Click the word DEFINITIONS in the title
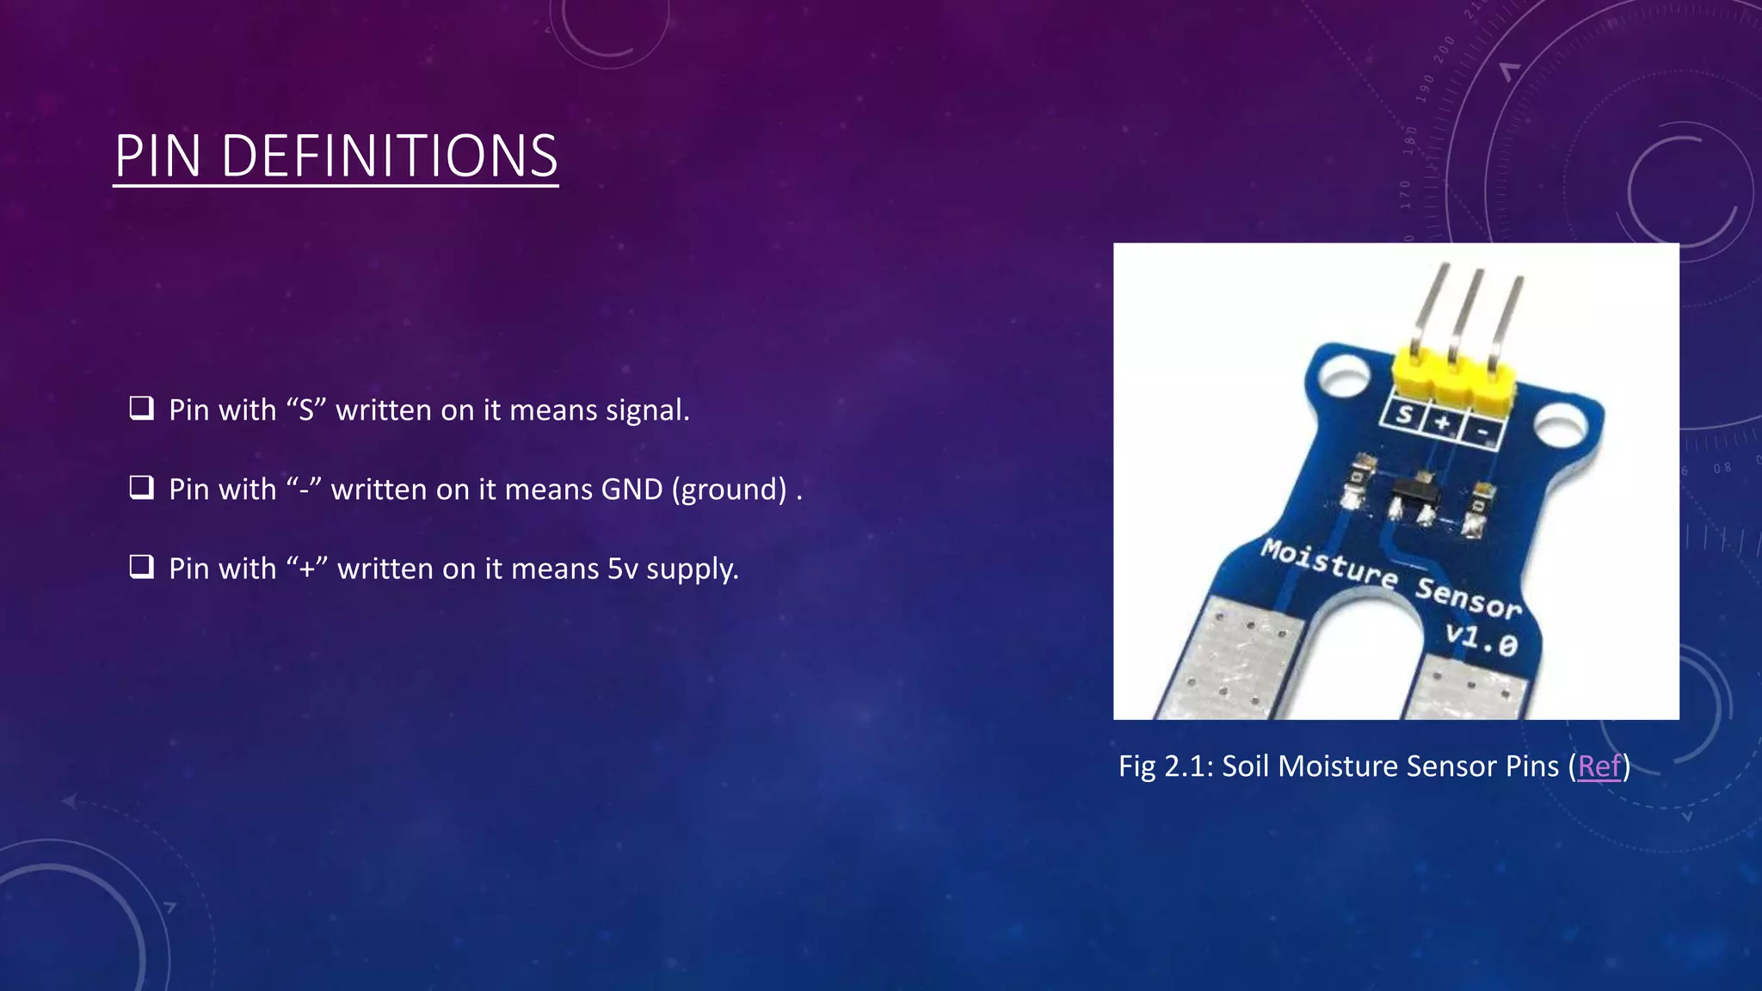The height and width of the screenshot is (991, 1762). tap(390, 157)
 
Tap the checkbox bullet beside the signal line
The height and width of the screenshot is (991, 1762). tap(141, 408)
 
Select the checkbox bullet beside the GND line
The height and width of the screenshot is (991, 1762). tap(141, 488)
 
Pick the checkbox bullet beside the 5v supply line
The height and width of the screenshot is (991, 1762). tap(141, 567)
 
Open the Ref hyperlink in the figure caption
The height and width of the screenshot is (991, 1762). tap(1599, 766)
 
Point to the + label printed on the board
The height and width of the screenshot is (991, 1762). tap(1443, 422)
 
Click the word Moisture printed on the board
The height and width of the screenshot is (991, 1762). tap(1328, 564)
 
